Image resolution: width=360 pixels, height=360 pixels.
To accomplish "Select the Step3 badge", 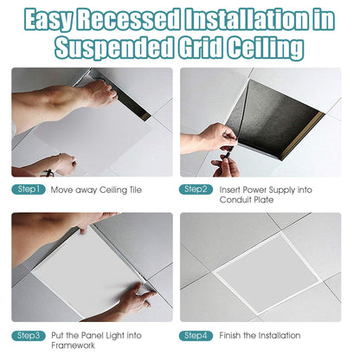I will click(x=28, y=335).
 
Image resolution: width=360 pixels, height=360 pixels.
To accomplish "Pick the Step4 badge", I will click(x=195, y=335).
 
